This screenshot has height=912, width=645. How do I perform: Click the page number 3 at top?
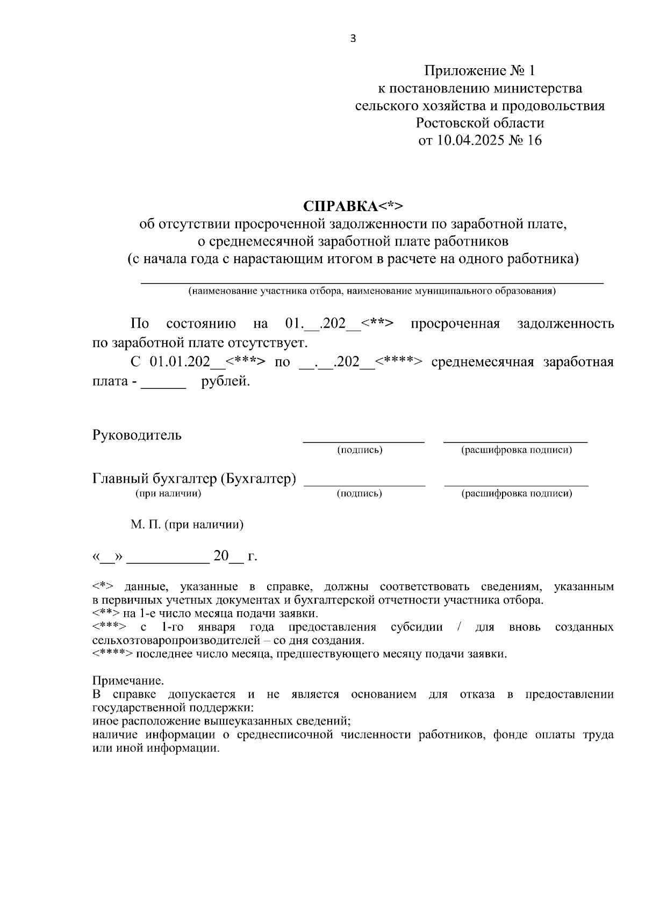[x=353, y=38]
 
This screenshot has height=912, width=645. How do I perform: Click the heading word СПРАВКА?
[x=340, y=207]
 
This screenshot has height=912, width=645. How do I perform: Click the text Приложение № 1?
[x=479, y=71]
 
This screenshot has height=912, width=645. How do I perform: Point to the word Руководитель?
[x=137, y=435]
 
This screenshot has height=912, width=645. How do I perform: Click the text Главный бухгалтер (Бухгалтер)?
[x=194, y=479]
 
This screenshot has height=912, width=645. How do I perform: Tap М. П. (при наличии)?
[x=187, y=524]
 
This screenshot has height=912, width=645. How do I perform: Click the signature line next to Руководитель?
[x=363, y=440]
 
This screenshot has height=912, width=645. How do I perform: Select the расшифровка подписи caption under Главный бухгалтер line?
[x=516, y=493]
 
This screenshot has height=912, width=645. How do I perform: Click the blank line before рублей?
[x=163, y=386]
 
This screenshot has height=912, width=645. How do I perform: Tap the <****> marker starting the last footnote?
[x=112, y=654]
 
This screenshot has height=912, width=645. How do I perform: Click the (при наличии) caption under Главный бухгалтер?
[x=168, y=493]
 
